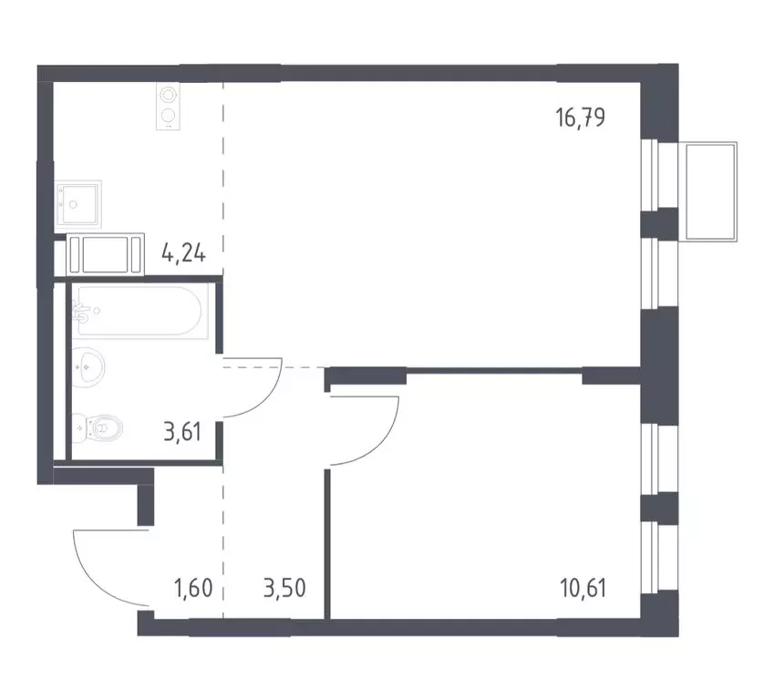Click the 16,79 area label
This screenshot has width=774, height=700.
[x=581, y=117]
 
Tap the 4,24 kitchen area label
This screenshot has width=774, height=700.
[x=182, y=248]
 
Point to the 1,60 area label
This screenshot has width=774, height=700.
[x=193, y=585]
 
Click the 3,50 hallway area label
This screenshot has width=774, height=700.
[x=283, y=585]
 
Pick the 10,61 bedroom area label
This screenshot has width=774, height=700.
[x=581, y=585]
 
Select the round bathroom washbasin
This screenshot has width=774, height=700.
[x=89, y=368]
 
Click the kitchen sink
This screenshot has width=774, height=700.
[x=78, y=200]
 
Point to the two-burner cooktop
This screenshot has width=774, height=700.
[x=168, y=106]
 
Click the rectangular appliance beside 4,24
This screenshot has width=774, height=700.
[x=106, y=253]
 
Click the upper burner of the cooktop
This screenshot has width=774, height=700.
[x=168, y=95]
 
